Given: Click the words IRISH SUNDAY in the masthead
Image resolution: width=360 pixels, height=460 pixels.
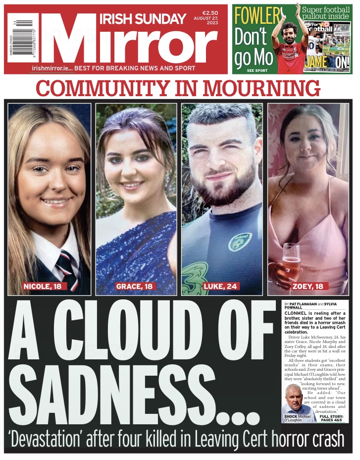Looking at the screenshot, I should (143, 19).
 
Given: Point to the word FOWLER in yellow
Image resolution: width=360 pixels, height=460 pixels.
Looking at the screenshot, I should (257, 16).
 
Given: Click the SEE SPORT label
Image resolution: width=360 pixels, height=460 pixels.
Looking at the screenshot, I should (257, 70).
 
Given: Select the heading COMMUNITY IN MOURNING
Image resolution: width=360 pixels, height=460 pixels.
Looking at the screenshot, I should (178, 88).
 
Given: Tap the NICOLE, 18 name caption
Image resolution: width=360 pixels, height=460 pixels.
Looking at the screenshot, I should (45, 286).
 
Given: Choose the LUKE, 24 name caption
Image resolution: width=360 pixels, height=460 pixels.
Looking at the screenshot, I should (220, 286).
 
